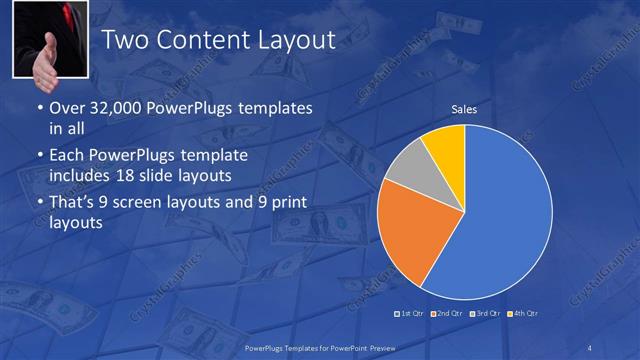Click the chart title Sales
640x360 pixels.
(x=463, y=108)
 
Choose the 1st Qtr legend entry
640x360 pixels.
(x=410, y=314)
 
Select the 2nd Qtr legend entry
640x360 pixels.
(x=447, y=314)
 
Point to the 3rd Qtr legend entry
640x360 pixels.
(x=486, y=314)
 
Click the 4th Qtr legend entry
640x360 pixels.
(x=523, y=314)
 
